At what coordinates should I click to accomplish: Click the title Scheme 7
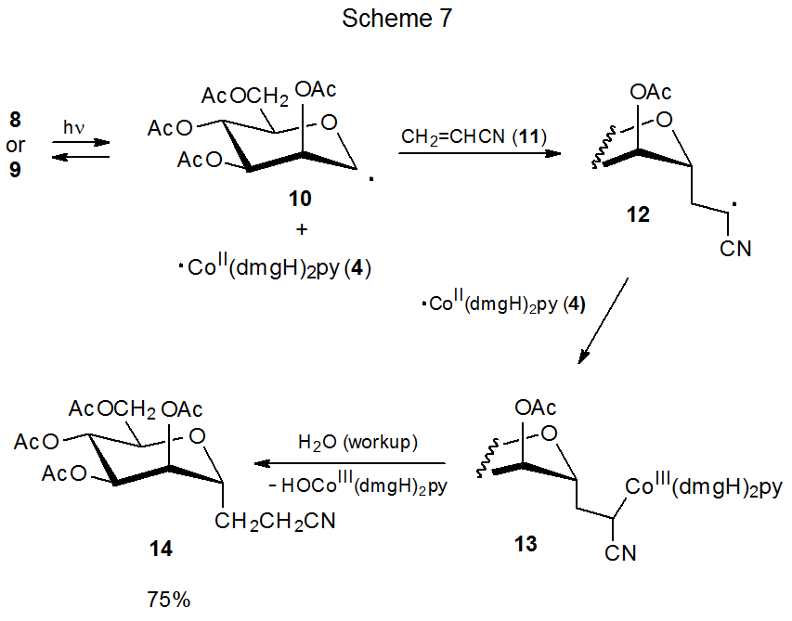click(396, 19)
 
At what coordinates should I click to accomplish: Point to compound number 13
click(525, 544)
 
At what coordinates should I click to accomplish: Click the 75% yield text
click(168, 600)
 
